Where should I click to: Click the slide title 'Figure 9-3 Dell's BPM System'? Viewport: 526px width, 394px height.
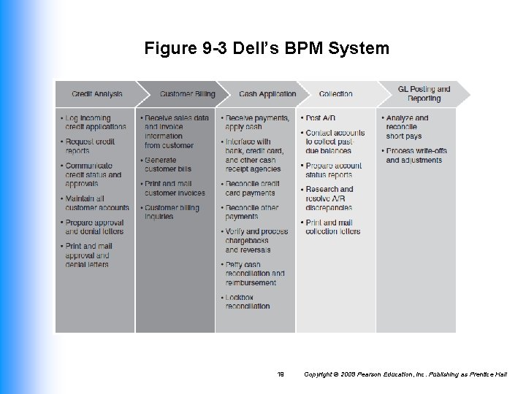267,49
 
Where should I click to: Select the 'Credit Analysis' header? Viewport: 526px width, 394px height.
97,94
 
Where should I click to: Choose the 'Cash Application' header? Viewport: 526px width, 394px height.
267,94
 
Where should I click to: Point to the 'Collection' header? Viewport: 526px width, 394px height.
335,94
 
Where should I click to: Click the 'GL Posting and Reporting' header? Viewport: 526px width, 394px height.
424,93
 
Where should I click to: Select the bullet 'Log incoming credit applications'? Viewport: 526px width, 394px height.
95,123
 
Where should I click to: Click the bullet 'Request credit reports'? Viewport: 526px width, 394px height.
90,146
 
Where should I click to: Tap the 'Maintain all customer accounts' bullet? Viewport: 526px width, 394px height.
96,203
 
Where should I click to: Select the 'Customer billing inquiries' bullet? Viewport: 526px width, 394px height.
172,212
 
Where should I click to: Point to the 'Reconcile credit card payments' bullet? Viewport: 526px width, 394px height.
252,188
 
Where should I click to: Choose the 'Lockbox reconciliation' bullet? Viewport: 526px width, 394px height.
248,302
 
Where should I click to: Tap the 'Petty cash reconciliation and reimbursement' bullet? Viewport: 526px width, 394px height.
255,274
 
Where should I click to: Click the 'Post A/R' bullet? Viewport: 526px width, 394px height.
321,118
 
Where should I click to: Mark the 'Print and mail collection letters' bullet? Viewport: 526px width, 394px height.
332,227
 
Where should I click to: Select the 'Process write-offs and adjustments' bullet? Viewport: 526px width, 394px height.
416,155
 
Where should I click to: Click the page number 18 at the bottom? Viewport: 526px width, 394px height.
281,374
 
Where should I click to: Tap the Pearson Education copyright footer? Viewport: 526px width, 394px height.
407,374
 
